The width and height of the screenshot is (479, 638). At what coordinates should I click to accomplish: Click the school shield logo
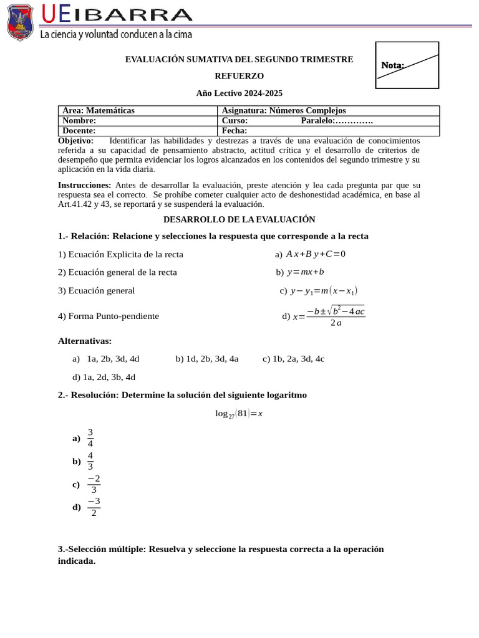tap(20, 22)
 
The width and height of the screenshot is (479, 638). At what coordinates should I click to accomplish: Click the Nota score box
tap(407, 65)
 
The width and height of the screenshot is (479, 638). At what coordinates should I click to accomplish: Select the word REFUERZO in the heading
tap(239, 76)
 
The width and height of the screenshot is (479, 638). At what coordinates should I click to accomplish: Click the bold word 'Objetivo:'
tap(75, 141)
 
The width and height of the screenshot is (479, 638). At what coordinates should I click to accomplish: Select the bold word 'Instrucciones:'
tap(85, 185)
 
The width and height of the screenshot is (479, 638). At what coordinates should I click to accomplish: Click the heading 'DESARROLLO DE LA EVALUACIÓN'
tap(239, 219)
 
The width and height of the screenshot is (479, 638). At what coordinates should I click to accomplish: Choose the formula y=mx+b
tap(305, 272)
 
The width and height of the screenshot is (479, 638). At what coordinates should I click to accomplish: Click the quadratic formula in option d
tap(329, 316)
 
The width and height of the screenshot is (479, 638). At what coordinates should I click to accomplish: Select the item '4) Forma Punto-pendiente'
tap(109, 316)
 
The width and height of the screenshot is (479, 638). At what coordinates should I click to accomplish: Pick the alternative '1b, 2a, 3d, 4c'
tap(293, 359)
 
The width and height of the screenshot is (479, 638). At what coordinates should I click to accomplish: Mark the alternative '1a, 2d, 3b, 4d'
tap(104, 377)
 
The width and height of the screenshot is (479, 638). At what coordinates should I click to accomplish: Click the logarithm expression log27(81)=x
tap(239, 414)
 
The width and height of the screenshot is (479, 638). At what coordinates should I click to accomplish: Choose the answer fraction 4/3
tap(90, 461)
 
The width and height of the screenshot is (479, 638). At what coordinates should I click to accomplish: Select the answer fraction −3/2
tap(94, 507)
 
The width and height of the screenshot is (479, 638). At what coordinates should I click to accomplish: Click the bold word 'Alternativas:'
tap(85, 341)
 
